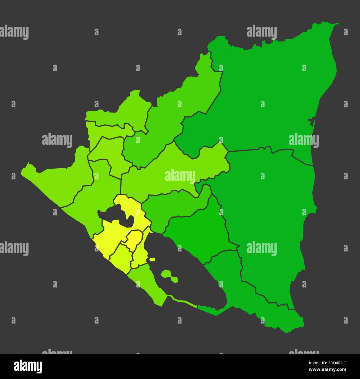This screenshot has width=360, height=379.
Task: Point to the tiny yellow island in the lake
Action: tap(152, 260)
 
